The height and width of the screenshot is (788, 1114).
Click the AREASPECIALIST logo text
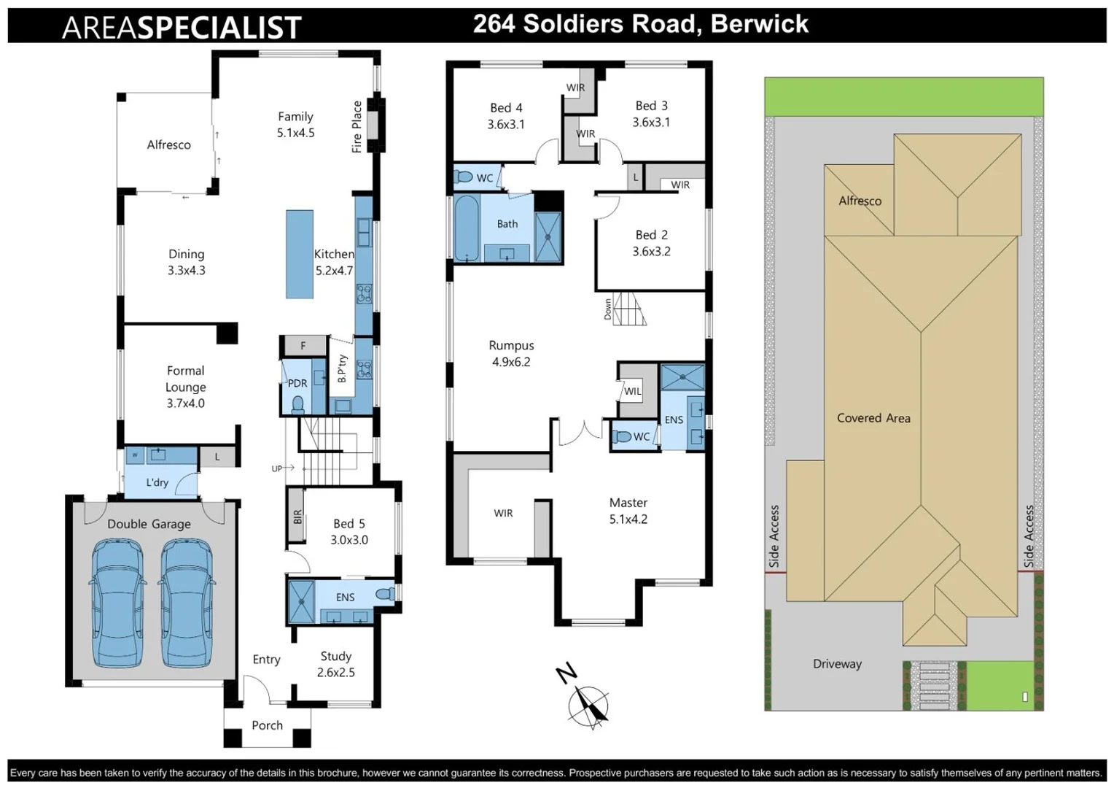182,27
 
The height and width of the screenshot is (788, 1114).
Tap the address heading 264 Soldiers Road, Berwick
640,24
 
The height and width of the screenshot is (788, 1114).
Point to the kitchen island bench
299,254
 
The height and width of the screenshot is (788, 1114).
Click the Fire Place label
357,126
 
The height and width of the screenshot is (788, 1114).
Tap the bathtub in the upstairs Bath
466,228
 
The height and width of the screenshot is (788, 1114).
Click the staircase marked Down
628,309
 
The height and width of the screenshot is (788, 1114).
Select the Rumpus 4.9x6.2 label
511,353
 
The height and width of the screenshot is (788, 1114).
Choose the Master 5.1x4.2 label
628,511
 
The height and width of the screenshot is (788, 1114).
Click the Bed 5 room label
349,531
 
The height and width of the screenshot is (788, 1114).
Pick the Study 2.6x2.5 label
335,664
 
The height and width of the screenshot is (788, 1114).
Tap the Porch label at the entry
267,725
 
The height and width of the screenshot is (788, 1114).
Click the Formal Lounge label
185,387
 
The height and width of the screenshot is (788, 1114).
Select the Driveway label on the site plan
837,664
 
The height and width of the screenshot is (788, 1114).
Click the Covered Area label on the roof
873,418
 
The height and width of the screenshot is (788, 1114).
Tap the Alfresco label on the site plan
860,201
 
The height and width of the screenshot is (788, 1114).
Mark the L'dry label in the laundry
157,482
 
